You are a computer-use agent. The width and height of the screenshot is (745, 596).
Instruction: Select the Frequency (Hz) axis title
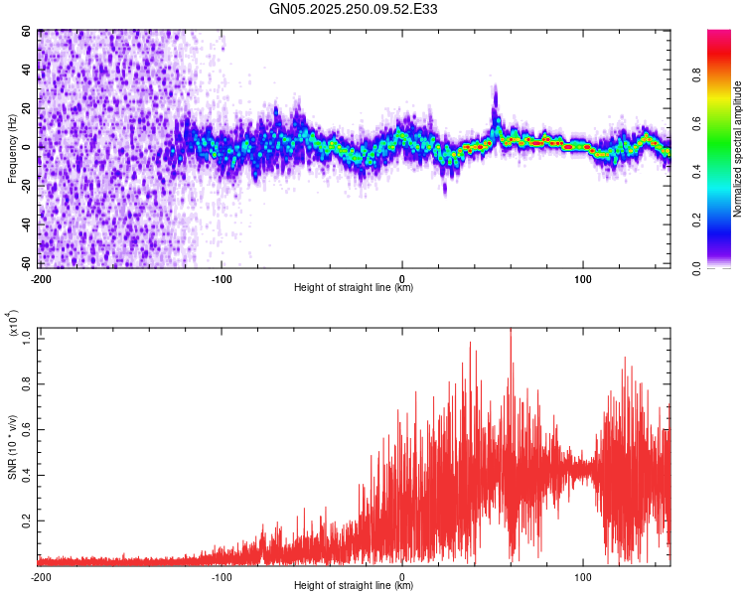12,148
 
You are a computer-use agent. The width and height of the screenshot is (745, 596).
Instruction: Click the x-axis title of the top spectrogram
355,288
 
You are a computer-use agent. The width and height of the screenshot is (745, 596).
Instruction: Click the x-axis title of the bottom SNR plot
355,586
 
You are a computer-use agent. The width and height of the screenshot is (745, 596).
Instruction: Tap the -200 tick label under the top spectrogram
41,278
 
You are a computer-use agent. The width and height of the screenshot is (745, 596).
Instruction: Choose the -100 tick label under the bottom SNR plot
221,576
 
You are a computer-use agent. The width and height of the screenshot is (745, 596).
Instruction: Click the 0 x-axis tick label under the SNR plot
401,576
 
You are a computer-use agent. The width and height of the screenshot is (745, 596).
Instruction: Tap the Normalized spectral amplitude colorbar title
738,149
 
